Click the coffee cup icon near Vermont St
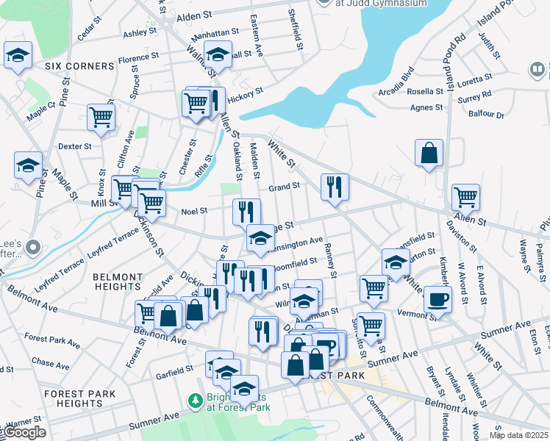[438, 300]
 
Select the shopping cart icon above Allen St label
[465, 197]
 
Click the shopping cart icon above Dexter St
[101, 117]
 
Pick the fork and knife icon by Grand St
[335, 187]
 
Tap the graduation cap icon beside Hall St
[218, 55]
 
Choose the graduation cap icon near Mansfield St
[396, 262]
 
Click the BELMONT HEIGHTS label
[118, 282]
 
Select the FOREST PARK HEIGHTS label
[79, 398]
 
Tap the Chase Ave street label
[51, 363]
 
